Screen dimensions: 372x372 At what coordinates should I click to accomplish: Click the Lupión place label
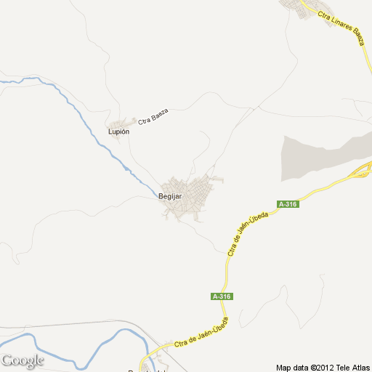tap(118, 132)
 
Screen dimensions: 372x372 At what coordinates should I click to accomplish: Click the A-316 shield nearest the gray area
tap(287, 204)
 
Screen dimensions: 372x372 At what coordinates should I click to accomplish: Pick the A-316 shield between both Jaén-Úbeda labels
tap(222, 296)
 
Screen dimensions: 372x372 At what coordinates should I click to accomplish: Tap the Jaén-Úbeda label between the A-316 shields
tap(245, 235)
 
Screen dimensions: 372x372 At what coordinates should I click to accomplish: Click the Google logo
tap(23, 360)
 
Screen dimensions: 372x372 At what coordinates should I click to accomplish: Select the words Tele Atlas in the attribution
tap(352, 366)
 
